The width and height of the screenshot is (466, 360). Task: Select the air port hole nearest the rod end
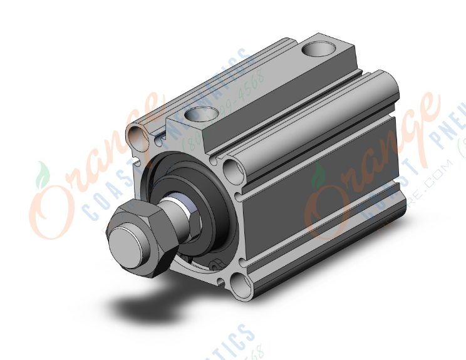200,114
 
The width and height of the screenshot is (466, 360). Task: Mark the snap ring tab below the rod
216,266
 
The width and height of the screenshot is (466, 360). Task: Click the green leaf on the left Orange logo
43,170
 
